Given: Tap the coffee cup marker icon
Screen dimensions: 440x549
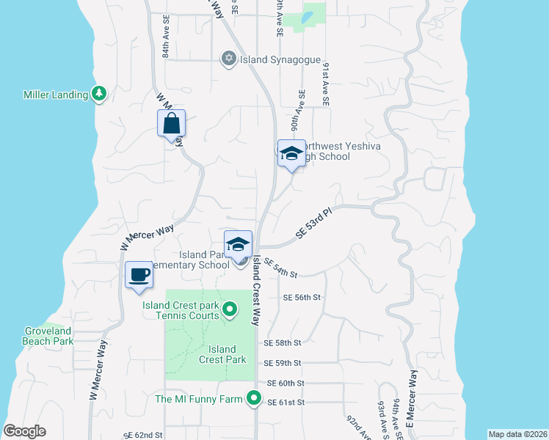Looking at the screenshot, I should point(139,275).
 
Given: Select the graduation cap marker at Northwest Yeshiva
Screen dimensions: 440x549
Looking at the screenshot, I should point(291,154).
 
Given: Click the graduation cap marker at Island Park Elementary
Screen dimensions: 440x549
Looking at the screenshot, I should point(238,245).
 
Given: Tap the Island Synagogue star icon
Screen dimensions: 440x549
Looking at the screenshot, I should point(229,58).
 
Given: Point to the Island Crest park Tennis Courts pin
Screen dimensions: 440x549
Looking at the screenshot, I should point(229,309).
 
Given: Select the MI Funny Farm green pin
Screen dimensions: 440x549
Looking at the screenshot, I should point(254,399).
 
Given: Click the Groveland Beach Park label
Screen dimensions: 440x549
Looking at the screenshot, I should point(48,336).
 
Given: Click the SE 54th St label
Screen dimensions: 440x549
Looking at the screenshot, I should point(280,268).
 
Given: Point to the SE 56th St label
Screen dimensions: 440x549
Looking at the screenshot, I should point(302,297).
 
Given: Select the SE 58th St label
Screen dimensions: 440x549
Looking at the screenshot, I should point(283,342).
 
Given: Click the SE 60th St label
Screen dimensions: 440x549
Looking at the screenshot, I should point(286,383).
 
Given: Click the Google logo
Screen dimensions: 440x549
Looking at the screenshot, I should point(24,431).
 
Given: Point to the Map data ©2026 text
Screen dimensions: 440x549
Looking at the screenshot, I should point(517,433).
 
